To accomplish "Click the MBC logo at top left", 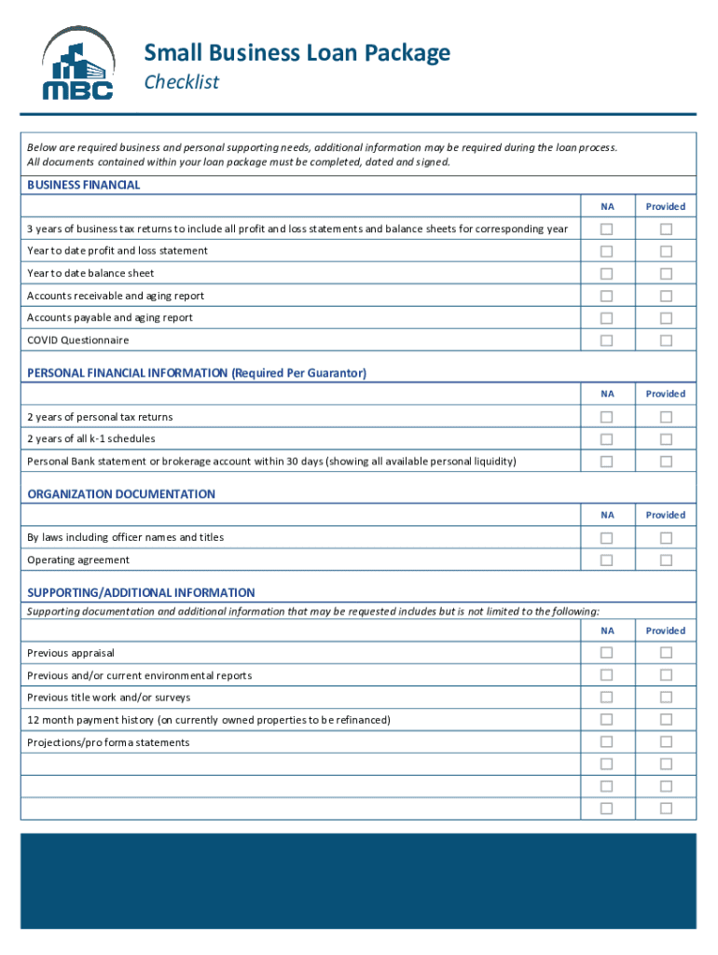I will point(77,63).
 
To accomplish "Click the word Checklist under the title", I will point(181,82).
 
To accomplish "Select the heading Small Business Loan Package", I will point(297,53).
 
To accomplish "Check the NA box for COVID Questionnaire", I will point(607,340).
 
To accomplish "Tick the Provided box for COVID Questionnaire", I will point(666,340).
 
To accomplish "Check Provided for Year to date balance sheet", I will point(666,273).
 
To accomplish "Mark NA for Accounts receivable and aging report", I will point(607,296).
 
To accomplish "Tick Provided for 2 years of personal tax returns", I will point(666,417).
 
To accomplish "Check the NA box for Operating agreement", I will point(607,561).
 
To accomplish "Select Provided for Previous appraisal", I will point(666,653).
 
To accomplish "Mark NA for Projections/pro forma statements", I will point(607,742).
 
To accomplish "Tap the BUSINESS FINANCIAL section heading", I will point(84,185).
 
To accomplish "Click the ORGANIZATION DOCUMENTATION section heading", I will point(121,494).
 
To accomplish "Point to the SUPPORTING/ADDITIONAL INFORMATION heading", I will point(141,592).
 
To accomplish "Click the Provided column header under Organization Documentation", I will point(666,515).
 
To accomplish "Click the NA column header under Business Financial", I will point(608,206).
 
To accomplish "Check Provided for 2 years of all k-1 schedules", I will point(666,439).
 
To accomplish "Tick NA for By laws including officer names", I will point(607,538).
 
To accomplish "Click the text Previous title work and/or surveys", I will point(109,698).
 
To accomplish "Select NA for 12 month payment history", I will point(607,720).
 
